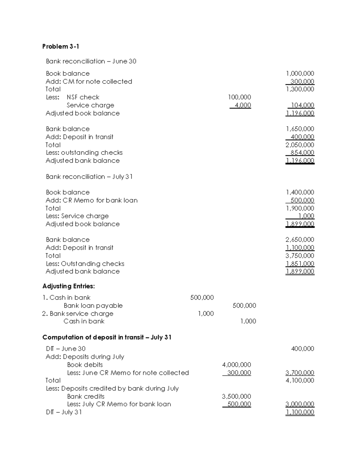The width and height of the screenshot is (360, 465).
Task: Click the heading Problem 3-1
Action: point(61,46)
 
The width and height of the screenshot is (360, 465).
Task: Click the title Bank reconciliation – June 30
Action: point(91,61)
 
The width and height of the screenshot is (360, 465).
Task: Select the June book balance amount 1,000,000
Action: point(300,74)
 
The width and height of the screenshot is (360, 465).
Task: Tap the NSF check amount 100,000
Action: point(239,97)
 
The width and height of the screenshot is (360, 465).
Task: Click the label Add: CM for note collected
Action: point(89,81)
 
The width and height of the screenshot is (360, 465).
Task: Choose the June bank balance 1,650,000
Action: point(300,129)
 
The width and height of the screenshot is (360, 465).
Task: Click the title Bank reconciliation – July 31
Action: point(89,177)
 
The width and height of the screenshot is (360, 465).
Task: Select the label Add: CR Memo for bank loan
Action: point(91,200)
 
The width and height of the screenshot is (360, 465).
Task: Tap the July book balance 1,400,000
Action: point(300,193)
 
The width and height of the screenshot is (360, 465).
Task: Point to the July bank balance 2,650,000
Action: point(300,240)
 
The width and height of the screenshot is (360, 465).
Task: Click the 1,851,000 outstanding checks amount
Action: point(300,264)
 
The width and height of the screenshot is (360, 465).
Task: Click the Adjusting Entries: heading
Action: point(68,286)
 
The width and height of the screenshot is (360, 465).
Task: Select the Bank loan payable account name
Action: point(93,306)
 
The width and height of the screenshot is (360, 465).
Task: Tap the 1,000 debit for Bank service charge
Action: point(206,313)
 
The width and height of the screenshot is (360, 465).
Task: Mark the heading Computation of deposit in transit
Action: point(107,337)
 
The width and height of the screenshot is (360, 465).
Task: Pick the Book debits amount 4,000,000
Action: point(236,365)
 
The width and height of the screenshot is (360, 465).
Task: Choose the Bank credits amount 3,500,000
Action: point(236,396)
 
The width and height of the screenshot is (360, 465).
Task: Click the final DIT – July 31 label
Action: point(64,412)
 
